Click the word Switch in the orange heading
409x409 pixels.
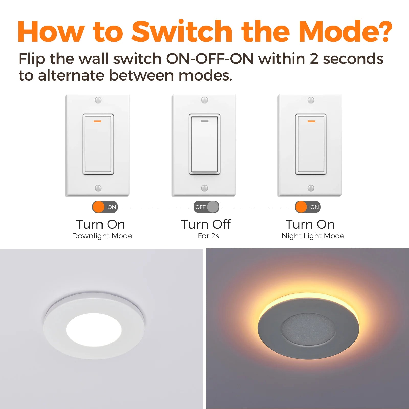[182, 31]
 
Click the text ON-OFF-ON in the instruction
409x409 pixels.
[210, 59]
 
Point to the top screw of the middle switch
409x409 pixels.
[204, 100]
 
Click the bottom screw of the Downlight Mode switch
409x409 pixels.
[98, 188]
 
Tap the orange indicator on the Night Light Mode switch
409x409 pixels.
[311, 121]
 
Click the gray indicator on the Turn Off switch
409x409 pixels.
[204, 121]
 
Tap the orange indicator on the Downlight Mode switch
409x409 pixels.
[97, 121]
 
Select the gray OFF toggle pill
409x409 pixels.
[206, 207]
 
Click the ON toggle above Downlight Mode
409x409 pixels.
[105, 207]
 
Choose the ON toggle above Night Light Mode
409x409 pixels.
[308, 207]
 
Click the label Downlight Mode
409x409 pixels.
[102, 236]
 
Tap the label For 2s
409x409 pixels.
[208, 236]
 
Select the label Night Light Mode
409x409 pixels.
[313, 236]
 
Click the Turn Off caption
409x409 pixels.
[206, 224]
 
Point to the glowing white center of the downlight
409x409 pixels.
[94, 329]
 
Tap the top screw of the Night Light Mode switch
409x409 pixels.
[311, 100]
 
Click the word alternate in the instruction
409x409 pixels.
[71, 76]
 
